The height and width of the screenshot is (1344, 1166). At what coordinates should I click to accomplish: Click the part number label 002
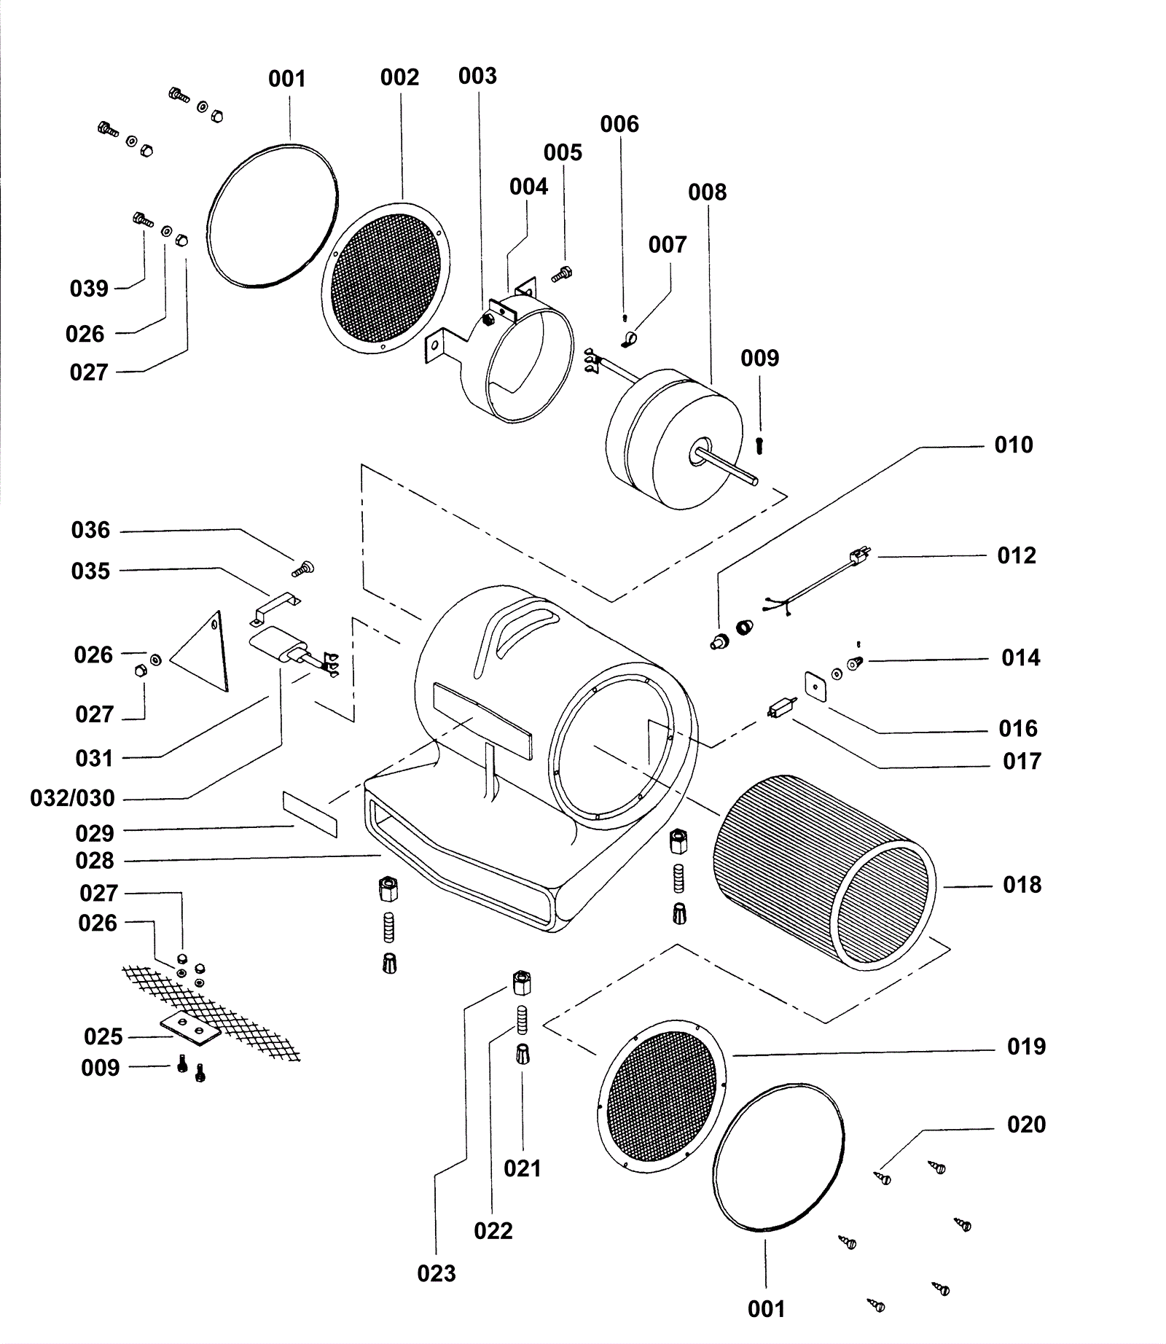399,77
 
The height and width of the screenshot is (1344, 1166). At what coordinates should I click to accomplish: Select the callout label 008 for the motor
707,192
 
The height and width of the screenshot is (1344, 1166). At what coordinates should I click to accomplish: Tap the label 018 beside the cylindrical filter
1022,885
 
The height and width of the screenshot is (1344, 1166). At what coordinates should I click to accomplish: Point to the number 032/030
72,798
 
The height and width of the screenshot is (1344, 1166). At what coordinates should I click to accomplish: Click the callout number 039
89,289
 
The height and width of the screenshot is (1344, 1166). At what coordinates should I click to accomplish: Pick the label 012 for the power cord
1016,555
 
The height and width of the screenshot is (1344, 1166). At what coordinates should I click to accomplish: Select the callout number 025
103,1036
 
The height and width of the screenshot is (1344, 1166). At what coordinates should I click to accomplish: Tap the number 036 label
90,530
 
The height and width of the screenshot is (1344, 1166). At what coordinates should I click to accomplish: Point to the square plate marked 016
816,685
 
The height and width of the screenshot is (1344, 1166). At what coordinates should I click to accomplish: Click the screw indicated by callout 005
563,275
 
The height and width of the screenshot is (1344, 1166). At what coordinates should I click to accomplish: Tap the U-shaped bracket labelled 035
276,607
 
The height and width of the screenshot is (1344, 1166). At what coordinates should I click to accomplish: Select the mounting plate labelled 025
191,1028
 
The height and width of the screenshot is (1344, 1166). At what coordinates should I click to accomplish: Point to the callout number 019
1026,1047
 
